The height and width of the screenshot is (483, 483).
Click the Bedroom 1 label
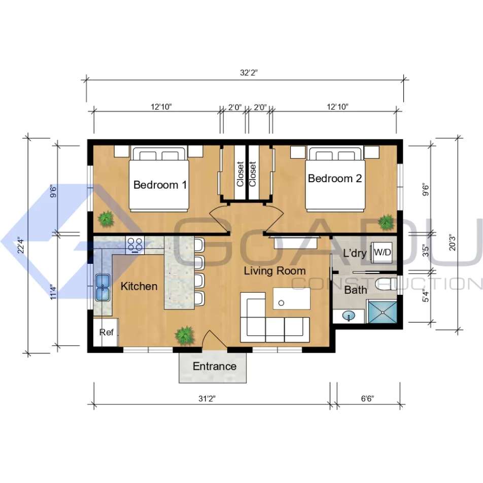point(160,185)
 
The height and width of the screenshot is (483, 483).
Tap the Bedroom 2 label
point(335,179)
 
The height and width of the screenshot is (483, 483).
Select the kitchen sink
point(102,287)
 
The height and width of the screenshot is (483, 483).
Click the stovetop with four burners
point(135,245)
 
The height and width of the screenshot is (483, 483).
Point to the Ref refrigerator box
point(106,332)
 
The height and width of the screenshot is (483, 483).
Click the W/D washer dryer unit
point(382,252)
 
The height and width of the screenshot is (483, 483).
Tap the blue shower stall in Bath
point(383,312)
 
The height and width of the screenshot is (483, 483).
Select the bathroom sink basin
point(349,316)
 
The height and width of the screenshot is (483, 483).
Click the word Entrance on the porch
point(215,366)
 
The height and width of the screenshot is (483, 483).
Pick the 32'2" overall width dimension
point(249,73)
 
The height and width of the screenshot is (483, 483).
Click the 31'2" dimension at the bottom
point(206,399)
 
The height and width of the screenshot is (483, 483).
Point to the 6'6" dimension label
point(367,399)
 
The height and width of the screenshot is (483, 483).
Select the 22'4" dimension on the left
point(21,245)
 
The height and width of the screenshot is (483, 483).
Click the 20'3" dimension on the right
point(452,243)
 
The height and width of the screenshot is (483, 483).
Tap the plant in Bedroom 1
point(106,219)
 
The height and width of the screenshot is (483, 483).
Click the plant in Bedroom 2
point(386,222)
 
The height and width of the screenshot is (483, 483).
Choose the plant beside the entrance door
point(185,335)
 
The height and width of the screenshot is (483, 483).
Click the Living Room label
point(275,271)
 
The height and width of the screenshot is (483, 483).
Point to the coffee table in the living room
point(292,298)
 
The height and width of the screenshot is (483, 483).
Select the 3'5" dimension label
point(425,251)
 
